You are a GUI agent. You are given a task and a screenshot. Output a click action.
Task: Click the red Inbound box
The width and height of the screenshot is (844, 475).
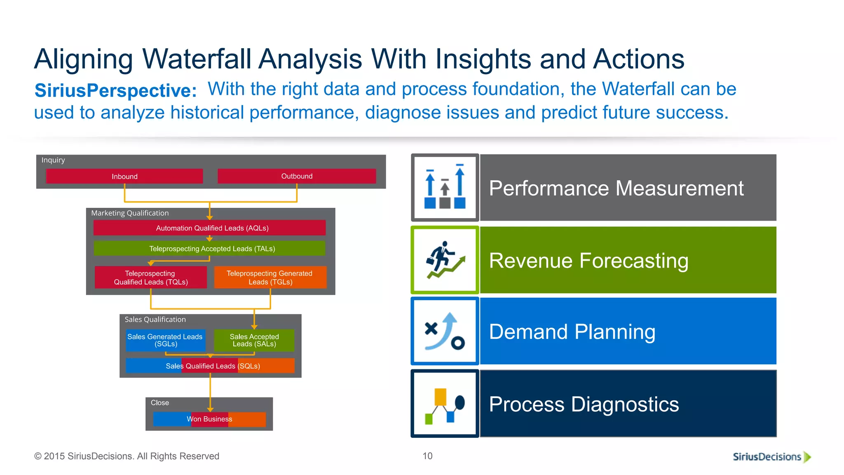124,176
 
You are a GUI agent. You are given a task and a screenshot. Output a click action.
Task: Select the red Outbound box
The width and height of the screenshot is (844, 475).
297,176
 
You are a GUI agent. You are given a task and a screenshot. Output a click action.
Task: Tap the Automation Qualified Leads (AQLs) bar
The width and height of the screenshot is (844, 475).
210,228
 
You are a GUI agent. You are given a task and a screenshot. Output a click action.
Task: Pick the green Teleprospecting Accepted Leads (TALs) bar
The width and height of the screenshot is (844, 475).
210,249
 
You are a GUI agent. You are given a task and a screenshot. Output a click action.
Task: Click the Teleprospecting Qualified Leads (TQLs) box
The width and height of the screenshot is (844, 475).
151,277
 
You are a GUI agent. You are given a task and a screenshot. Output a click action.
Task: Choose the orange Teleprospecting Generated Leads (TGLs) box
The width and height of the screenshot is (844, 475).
270,277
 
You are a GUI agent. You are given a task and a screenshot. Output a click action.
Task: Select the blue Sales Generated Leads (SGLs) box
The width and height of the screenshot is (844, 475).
165,340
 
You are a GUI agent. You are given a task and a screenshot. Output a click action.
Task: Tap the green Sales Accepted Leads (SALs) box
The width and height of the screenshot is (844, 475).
254,340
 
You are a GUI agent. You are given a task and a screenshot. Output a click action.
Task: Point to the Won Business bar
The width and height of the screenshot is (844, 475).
209,419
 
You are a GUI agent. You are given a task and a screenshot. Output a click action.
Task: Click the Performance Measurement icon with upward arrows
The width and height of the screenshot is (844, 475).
445,188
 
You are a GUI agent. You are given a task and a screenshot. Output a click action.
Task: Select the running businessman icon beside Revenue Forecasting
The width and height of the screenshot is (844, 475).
445,260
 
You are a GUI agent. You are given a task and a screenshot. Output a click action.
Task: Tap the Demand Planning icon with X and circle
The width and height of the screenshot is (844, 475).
445,331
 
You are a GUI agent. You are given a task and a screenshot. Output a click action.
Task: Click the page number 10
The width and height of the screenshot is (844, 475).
427,456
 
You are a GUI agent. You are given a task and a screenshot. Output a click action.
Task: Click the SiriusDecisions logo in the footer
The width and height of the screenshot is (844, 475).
771,456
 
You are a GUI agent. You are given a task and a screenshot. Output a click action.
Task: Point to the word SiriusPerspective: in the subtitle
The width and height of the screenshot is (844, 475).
116,90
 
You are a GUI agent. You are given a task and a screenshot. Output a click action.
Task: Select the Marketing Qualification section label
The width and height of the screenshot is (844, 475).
130,213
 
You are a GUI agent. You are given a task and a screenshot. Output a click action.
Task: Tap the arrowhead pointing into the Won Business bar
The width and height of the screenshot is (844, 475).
210,409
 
